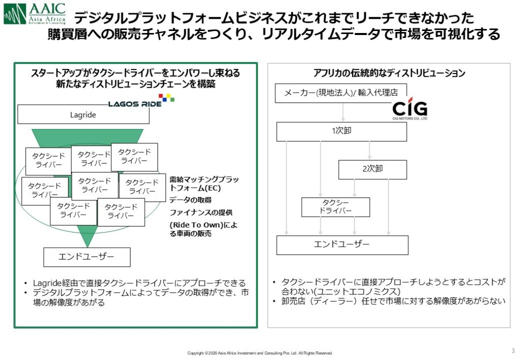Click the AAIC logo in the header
(x=35, y=14)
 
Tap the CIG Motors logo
(x=410, y=110)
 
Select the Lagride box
(x=83, y=115)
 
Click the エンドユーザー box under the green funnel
(x=87, y=257)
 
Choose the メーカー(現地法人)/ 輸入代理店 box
(x=341, y=93)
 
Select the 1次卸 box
(x=341, y=131)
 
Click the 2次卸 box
(x=372, y=170)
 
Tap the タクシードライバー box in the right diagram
(x=335, y=207)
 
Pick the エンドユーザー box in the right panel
(x=342, y=245)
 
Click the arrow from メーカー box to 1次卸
(x=343, y=112)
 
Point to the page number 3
(x=512, y=350)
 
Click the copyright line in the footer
(x=260, y=353)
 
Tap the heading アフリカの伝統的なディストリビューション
(x=389, y=73)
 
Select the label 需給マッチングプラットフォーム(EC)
(x=204, y=183)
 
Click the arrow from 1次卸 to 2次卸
(x=369, y=150)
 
